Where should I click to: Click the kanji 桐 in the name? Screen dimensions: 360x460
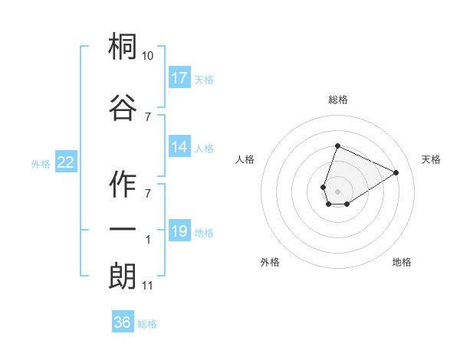pyautogui.click(x=123, y=48)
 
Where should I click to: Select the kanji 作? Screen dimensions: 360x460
pyautogui.click(x=123, y=182)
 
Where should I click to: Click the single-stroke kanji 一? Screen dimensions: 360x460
pyautogui.click(x=123, y=229)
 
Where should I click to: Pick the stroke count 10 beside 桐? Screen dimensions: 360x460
pyautogui.click(x=148, y=56)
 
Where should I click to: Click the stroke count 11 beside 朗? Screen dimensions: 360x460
pyautogui.click(x=148, y=286)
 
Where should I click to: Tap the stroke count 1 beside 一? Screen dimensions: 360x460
pyautogui.click(x=148, y=240)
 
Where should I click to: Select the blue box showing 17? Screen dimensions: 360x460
pyautogui.click(x=179, y=78)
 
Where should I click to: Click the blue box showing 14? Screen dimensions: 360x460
pyautogui.click(x=179, y=148)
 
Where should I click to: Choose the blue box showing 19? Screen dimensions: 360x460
pyautogui.click(x=179, y=231)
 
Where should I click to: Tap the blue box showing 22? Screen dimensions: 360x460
pyautogui.click(x=66, y=162)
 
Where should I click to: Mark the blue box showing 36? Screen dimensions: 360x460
pyautogui.click(x=122, y=322)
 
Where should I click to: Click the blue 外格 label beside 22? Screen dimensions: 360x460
pyautogui.click(x=41, y=163)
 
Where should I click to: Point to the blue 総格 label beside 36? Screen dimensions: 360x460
pyautogui.click(x=148, y=324)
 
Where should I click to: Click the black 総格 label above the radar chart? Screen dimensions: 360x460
pyautogui.click(x=337, y=100)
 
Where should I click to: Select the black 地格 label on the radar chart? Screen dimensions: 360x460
pyautogui.click(x=402, y=262)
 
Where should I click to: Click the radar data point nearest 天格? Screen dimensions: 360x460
pyautogui.click(x=396, y=173)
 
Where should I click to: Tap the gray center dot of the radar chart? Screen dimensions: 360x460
pyautogui.click(x=337, y=191)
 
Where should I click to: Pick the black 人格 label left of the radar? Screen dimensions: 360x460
pyautogui.click(x=245, y=159)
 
